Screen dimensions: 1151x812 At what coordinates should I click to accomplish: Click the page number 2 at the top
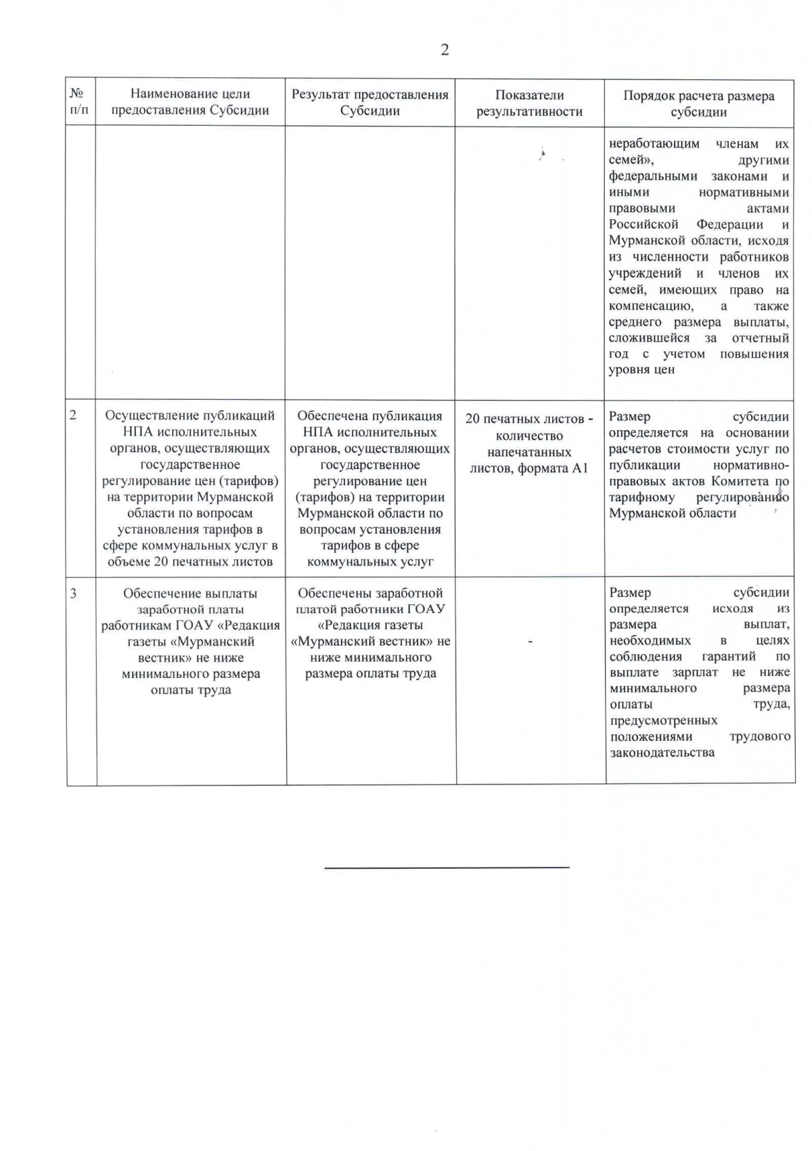point(445,49)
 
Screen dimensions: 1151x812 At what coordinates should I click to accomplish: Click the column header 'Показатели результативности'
point(529,104)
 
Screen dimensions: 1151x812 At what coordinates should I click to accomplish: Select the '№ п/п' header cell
point(79,102)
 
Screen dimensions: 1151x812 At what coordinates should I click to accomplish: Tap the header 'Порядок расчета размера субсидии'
point(699,104)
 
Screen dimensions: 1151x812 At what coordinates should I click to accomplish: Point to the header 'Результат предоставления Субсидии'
point(369,103)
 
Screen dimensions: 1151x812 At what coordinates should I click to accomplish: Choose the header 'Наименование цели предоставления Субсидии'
point(190,102)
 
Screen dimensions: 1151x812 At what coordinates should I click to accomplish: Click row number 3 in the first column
point(73,593)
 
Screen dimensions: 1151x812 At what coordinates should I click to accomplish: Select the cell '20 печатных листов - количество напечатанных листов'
point(529,443)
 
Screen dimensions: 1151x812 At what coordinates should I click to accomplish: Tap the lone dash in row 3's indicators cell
point(530,640)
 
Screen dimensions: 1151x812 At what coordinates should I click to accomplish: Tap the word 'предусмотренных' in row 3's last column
point(664,720)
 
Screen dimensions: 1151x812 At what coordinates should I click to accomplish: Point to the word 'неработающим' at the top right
point(654,143)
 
